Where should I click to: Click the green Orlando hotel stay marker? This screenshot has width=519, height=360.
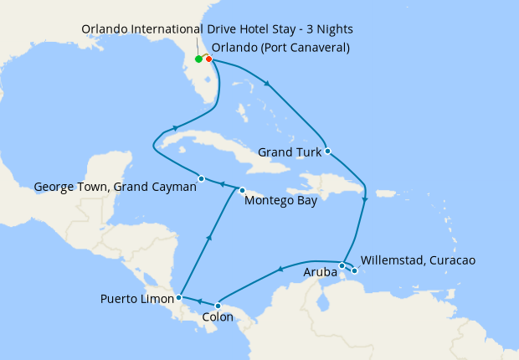pos(198,59)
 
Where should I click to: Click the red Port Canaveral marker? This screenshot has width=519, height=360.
pos(208,59)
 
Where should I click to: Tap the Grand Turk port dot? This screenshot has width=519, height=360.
pos(328,152)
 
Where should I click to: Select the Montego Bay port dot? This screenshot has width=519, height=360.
pos(243,189)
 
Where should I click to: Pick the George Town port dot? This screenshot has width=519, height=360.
pos(202,177)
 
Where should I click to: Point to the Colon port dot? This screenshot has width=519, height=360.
pos(218,306)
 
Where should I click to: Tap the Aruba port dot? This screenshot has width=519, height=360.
pos(342,265)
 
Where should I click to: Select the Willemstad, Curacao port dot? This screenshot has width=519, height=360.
pos(355,270)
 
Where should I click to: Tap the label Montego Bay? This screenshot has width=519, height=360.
pos(280,202)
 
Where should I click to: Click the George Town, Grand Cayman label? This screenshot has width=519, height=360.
pos(115,188)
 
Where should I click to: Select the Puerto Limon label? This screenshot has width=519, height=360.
pos(136,298)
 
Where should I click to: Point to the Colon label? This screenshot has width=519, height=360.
pos(218,318)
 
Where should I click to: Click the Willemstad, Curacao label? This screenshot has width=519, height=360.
pos(417,260)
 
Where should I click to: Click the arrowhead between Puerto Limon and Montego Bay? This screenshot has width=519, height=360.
pos(208,239)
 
